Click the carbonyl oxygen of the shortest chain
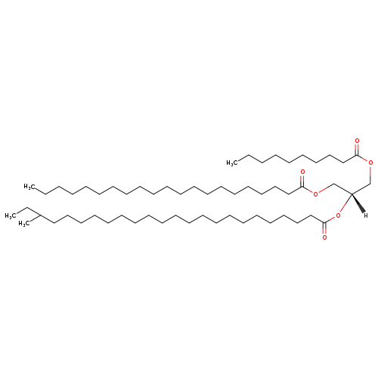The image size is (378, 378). point(357,141)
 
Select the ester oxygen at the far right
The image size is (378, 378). point(370,163)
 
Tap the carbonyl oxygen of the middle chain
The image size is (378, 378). point(302,172)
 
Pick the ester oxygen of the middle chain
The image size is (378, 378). point(315,194)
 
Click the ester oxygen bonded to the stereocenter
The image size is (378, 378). point(338,215)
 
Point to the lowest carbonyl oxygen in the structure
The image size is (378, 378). point(324,237)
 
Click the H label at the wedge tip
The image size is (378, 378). point(366,215)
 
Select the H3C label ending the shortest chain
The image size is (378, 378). point(232,163)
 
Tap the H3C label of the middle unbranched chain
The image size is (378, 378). point(29,187)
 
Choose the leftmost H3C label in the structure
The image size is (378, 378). point(11,216)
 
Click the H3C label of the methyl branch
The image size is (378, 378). point(24,224)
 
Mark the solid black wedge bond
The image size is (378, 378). point(358,203)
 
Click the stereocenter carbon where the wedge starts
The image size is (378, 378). point(352,194)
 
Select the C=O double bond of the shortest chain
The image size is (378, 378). point(357,150)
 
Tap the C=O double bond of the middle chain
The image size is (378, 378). point(302,181)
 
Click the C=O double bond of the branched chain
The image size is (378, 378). point(324,228)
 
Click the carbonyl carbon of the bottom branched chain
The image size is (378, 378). point(324,222)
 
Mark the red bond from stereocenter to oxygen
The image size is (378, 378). point(345,203)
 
